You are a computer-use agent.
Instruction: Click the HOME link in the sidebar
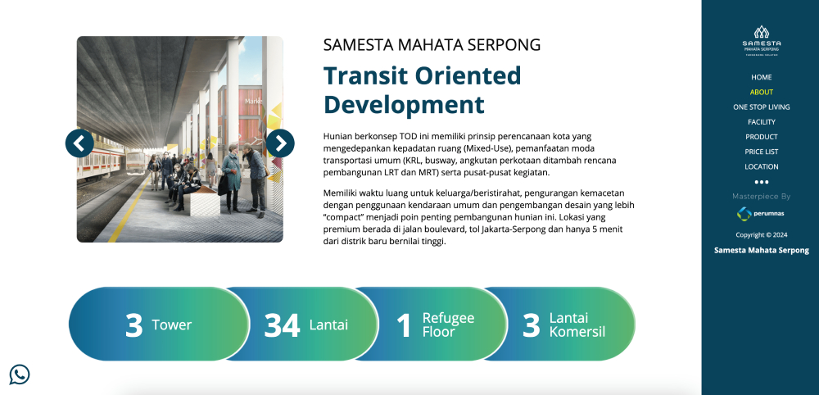click(761, 77)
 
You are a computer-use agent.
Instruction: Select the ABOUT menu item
click(761, 92)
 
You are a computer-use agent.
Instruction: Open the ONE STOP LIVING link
click(761, 107)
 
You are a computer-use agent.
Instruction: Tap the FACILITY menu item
click(761, 122)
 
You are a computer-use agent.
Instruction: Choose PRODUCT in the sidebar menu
click(761, 137)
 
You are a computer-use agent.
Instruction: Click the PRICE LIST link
click(761, 152)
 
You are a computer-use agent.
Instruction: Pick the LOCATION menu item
click(761, 166)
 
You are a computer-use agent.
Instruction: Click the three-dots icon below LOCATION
click(761, 183)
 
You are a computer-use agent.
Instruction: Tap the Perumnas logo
click(761, 214)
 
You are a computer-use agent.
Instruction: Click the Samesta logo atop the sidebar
click(761, 41)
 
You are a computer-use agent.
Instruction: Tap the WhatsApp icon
click(20, 375)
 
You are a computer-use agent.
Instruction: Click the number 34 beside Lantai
click(282, 325)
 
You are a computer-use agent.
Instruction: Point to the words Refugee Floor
click(448, 325)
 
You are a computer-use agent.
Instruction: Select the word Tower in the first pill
click(171, 325)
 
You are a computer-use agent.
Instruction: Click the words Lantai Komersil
click(577, 325)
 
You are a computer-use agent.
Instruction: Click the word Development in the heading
click(404, 105)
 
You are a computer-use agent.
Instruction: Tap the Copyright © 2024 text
click(761, 235)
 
